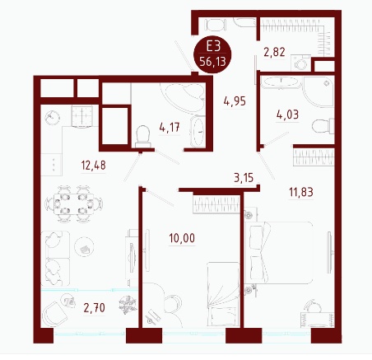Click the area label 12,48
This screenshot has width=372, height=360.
click(x=93, y=166)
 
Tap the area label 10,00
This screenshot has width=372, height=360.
click(x=182, y=238)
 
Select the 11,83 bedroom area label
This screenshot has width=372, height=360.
click(x=301, y=192)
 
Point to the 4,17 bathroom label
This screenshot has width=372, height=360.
click(x=170, y=128)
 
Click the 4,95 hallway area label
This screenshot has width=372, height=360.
click(x=235, y=101)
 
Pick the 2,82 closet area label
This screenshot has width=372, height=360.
click(x=274, y=52)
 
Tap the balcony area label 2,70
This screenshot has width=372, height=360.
click(x=95, y=308)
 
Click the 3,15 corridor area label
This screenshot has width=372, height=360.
click(x=244, y=178)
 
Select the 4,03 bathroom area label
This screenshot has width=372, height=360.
click(x=287, y=115)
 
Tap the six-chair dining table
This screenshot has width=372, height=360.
click(x=74, y=203)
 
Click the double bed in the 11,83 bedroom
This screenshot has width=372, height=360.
click(x=279, y=253)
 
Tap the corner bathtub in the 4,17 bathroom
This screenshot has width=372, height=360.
click(x=184, y=97)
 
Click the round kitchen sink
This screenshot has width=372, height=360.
click(x=52, y=118)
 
